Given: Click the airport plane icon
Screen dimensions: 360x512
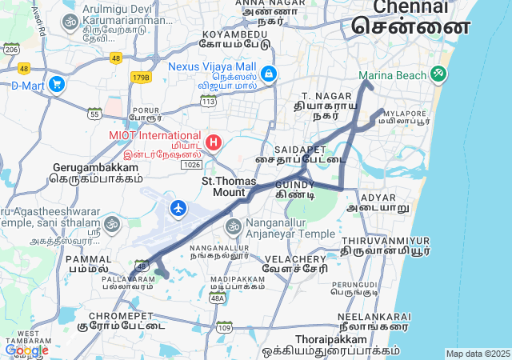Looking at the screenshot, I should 178,209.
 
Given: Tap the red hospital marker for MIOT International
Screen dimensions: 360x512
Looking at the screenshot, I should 214,142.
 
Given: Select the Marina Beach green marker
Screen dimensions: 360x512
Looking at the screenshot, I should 438,74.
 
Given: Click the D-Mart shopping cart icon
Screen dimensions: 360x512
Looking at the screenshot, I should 56,84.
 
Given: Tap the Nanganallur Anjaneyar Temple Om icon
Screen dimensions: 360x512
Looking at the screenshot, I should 234,227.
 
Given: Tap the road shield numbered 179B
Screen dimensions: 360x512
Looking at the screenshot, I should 142,78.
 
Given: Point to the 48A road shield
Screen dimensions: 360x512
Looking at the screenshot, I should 217,298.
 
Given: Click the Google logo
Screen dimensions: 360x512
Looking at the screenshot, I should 26,350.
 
